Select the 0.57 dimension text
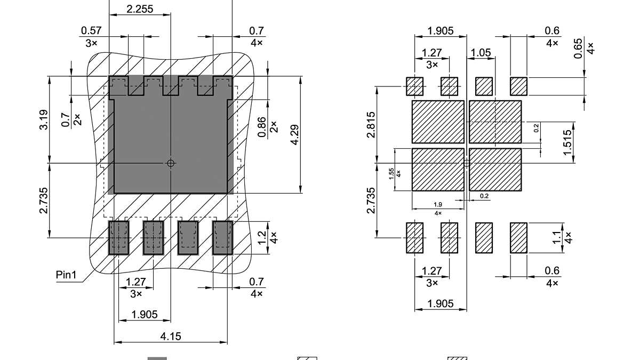[91, 31]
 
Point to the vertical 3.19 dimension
[44, 119]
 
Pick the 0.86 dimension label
[262, 126]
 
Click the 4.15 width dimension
[171, 337]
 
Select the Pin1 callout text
[67, 275]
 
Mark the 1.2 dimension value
[262, 237]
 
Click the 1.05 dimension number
[480, 52]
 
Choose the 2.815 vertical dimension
[372, 124]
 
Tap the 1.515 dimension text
[567, 142]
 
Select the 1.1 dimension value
[557, 237]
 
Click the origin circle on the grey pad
[171, 163]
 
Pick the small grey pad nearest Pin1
[119, 238]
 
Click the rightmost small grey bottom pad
[222, 238]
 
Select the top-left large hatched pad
[438, 122]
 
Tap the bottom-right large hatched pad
[495, 170]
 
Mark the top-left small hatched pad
[415, 85]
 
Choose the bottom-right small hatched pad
[518, 238]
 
